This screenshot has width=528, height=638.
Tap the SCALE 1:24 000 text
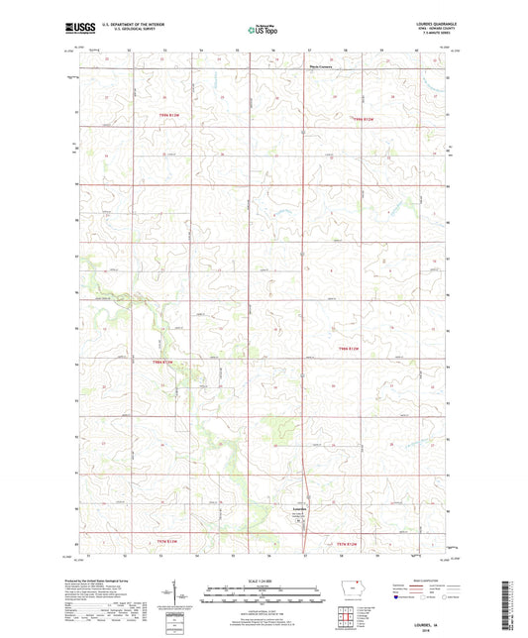click(x=264, y=580)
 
